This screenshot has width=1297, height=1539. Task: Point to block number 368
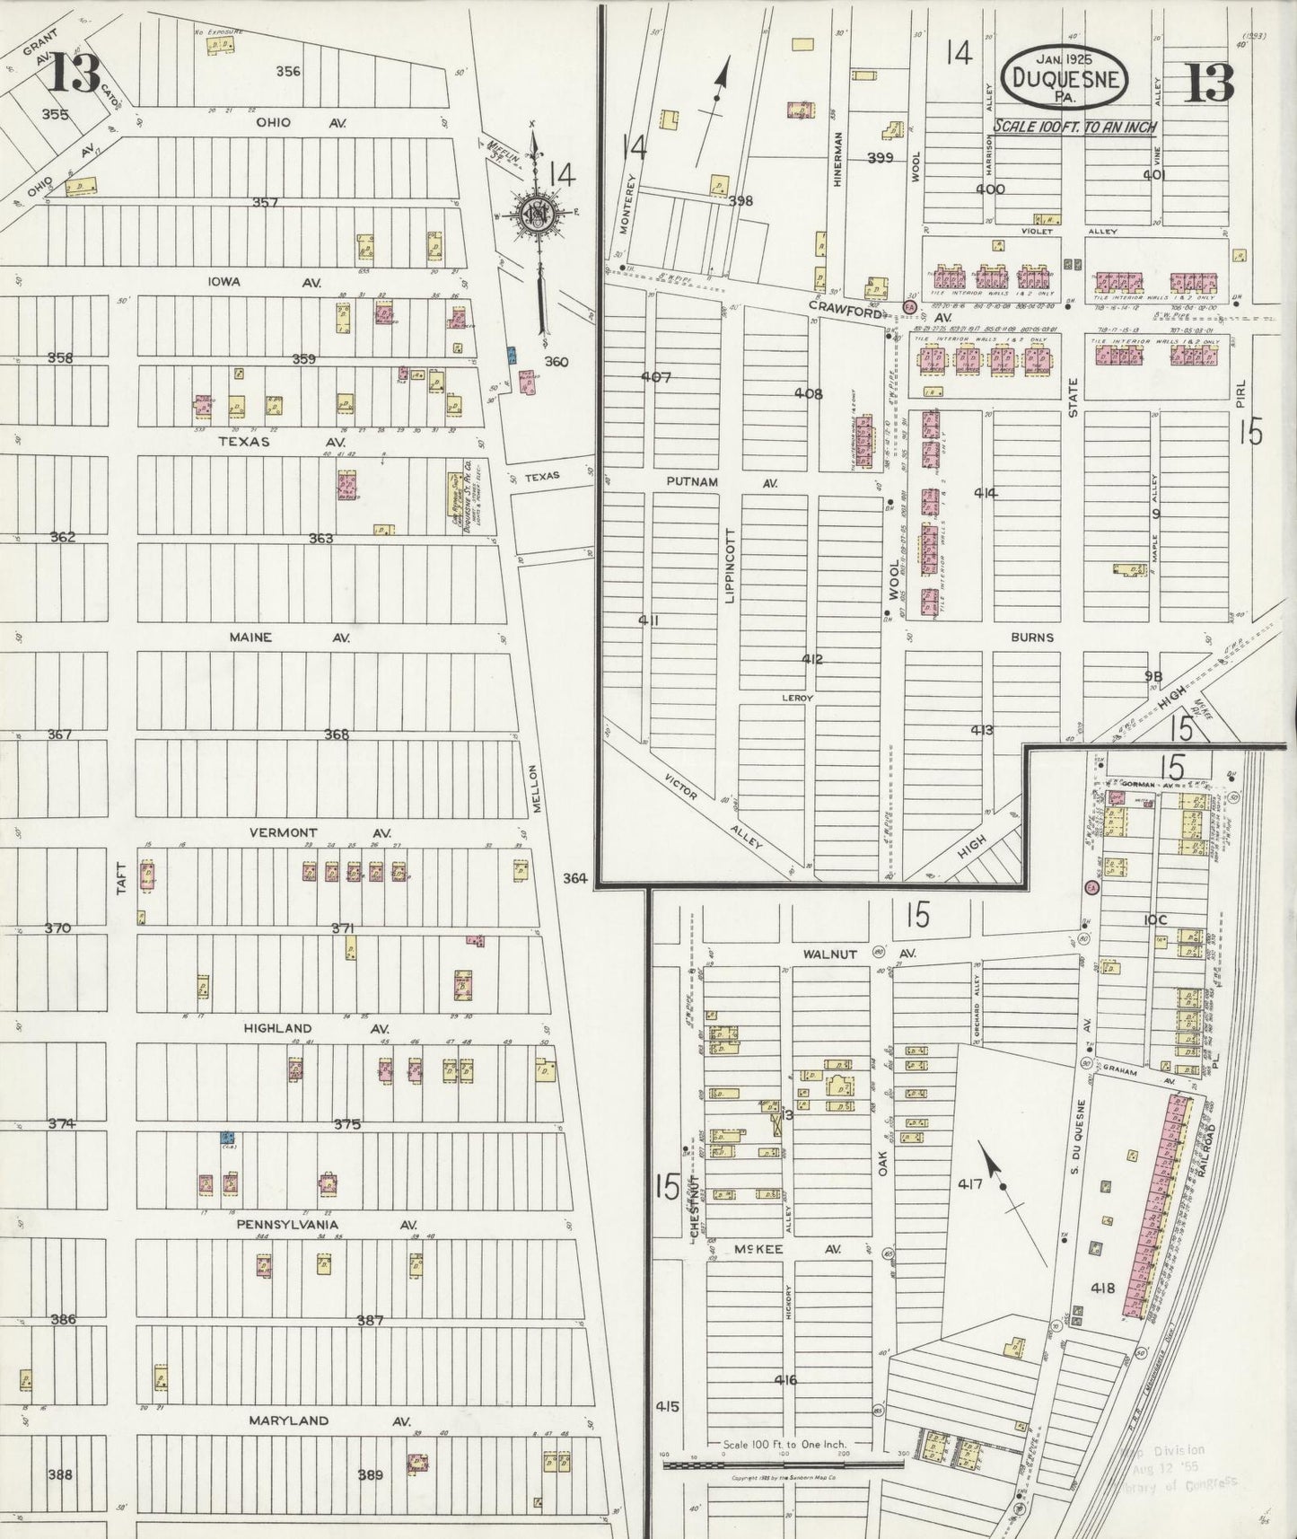337,734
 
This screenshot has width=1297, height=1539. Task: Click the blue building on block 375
228,1138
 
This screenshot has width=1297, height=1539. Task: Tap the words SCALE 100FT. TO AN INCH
1074,127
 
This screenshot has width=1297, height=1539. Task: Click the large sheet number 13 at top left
74,74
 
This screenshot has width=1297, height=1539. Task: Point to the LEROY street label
796,697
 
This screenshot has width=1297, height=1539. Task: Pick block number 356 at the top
288,71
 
